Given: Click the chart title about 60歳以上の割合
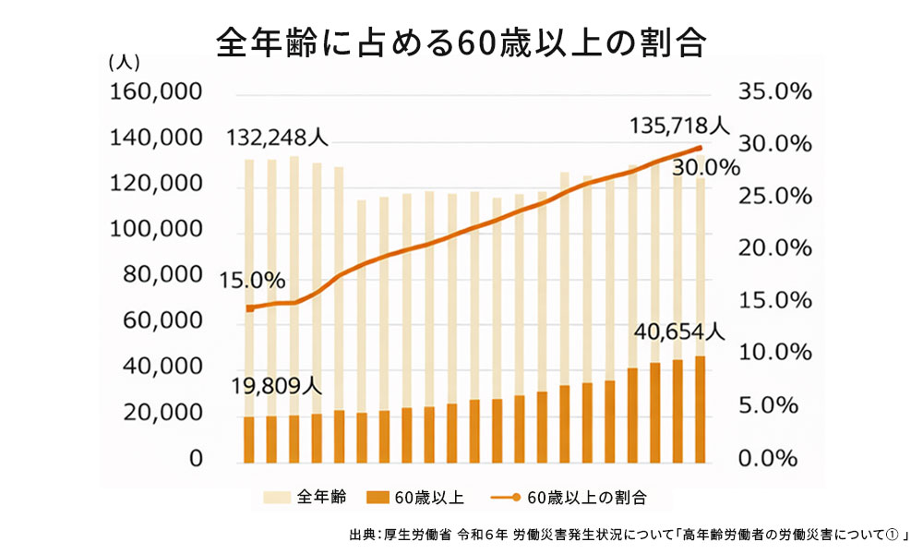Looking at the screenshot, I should pos(461,42).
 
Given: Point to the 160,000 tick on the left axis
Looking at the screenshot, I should pos(156,93).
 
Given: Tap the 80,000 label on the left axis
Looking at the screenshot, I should pos(162,276).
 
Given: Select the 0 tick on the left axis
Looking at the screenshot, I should pos(196,459).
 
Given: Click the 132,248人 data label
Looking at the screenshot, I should pos(278,138).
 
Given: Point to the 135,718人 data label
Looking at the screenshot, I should pos(679,125).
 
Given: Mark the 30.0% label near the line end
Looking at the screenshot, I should pos(706,168).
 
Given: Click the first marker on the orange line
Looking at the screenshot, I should pos(248,308).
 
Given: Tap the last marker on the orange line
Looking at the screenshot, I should pos(700,148).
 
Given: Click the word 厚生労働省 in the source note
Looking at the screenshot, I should pos(419,535).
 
